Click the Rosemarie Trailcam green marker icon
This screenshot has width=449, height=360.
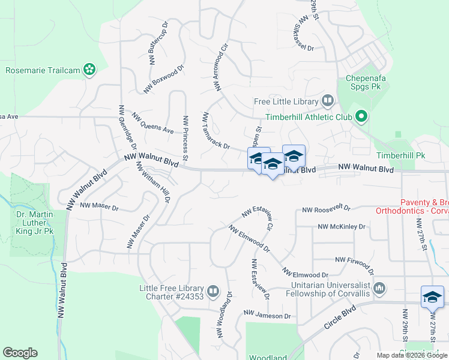(89, 70)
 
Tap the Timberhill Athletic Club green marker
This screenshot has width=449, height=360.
(361, 117)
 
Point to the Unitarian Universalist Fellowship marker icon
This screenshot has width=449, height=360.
(379, 289)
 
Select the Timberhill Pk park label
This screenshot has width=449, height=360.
(400, 155)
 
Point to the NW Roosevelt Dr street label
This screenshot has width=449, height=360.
(326, 209)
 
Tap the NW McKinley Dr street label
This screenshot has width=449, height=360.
(342, 227)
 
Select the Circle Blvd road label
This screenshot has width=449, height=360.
(340, 317)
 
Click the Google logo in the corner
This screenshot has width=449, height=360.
(20, 353)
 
